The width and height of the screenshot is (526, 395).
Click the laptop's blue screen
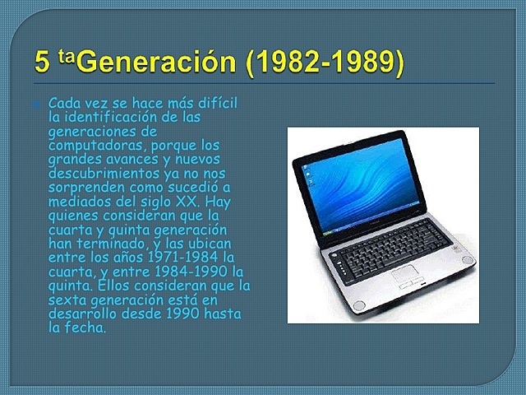359,181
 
